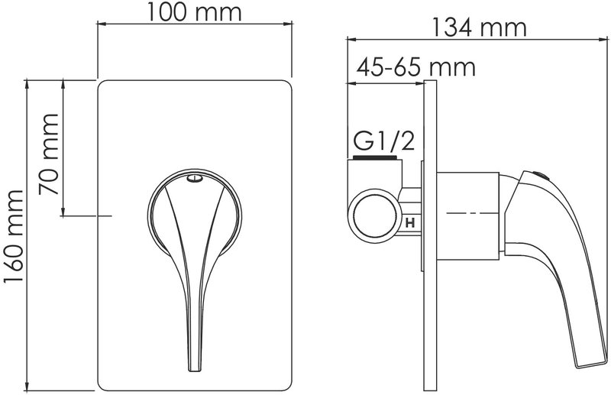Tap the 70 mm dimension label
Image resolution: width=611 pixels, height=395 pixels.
pos(48,154)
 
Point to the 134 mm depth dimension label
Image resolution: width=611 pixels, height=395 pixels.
pos(480,28)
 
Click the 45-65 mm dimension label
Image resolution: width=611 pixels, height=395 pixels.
pos(416,67)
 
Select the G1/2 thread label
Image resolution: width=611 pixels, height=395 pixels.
pos(383,141)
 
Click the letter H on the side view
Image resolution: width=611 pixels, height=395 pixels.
pos(410,223)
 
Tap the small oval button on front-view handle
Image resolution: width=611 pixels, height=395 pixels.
pos(195,179)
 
